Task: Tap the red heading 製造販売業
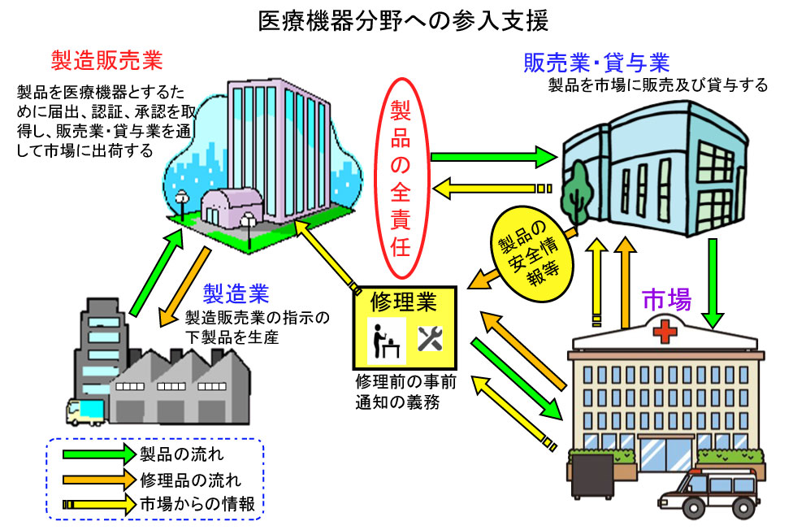click(106, 61)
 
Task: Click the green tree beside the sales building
click(578, 189)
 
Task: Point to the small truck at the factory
click(82, 413)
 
